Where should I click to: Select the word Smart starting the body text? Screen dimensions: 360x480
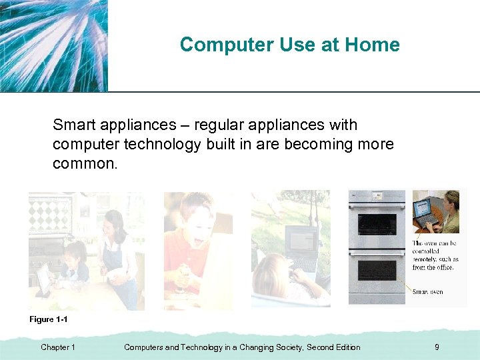click(75, 125)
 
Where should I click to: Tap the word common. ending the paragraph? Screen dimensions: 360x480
click(85, 163)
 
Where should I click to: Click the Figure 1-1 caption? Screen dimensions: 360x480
click(49, 319)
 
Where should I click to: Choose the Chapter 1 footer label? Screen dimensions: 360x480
click(58, 347)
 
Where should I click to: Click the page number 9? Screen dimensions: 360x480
click(437, 347)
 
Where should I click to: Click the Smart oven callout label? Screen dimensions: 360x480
click(427, 292)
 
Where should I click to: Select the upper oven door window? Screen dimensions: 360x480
click(377, 225)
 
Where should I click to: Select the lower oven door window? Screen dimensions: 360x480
click(377, 269)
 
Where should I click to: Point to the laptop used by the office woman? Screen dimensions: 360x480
click(424, 211)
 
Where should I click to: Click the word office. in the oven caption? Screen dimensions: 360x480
click(443, 267)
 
